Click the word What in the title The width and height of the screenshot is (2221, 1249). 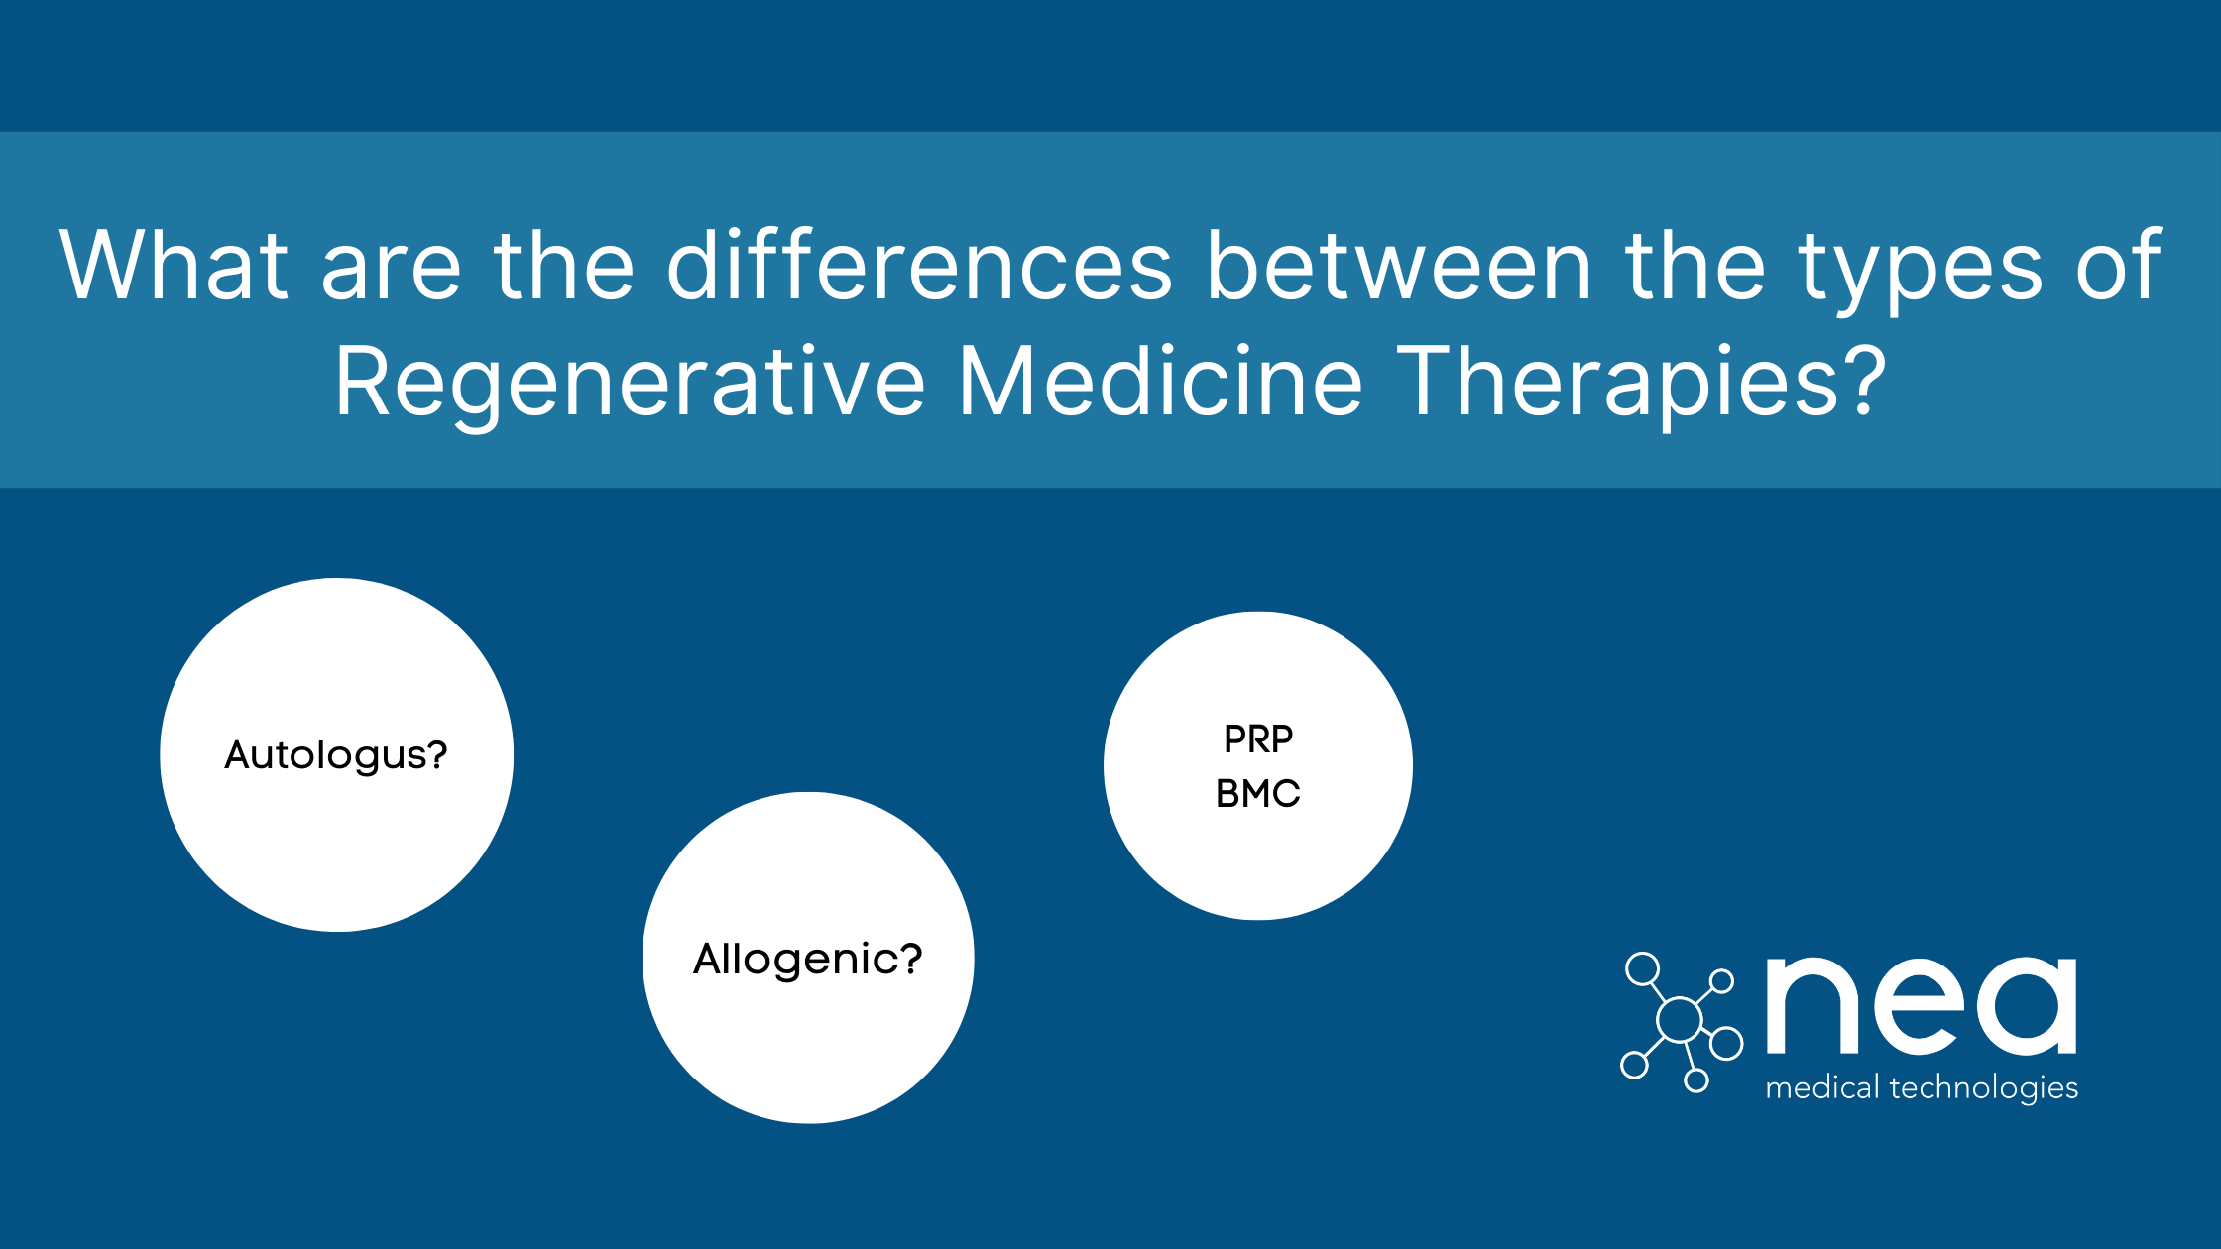pyautogui.click(x=174, y=266)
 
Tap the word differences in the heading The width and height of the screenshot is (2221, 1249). pyautogui.click(x=919, y=266)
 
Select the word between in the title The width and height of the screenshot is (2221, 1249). pyautogui.click(x=1399, y=266)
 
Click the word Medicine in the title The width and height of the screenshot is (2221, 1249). pyautogui.click(x=1160, y=382)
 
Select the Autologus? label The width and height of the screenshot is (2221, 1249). pyautogui.click(x=336, y=755)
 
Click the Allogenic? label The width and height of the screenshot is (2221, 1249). pyautogui.click(x=808, y=959)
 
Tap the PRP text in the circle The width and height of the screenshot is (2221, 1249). pyautogui.click(x=1258, y=739)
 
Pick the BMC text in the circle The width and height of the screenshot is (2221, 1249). pyautogui.click(x=1258, y=794)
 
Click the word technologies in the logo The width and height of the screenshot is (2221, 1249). pyautogui.click(x=1984, y=1088)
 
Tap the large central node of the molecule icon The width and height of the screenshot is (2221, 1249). pyautogui.click(x=1680, y=1020)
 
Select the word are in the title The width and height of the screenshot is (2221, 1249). pyautogui.click(x=392, y=268)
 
